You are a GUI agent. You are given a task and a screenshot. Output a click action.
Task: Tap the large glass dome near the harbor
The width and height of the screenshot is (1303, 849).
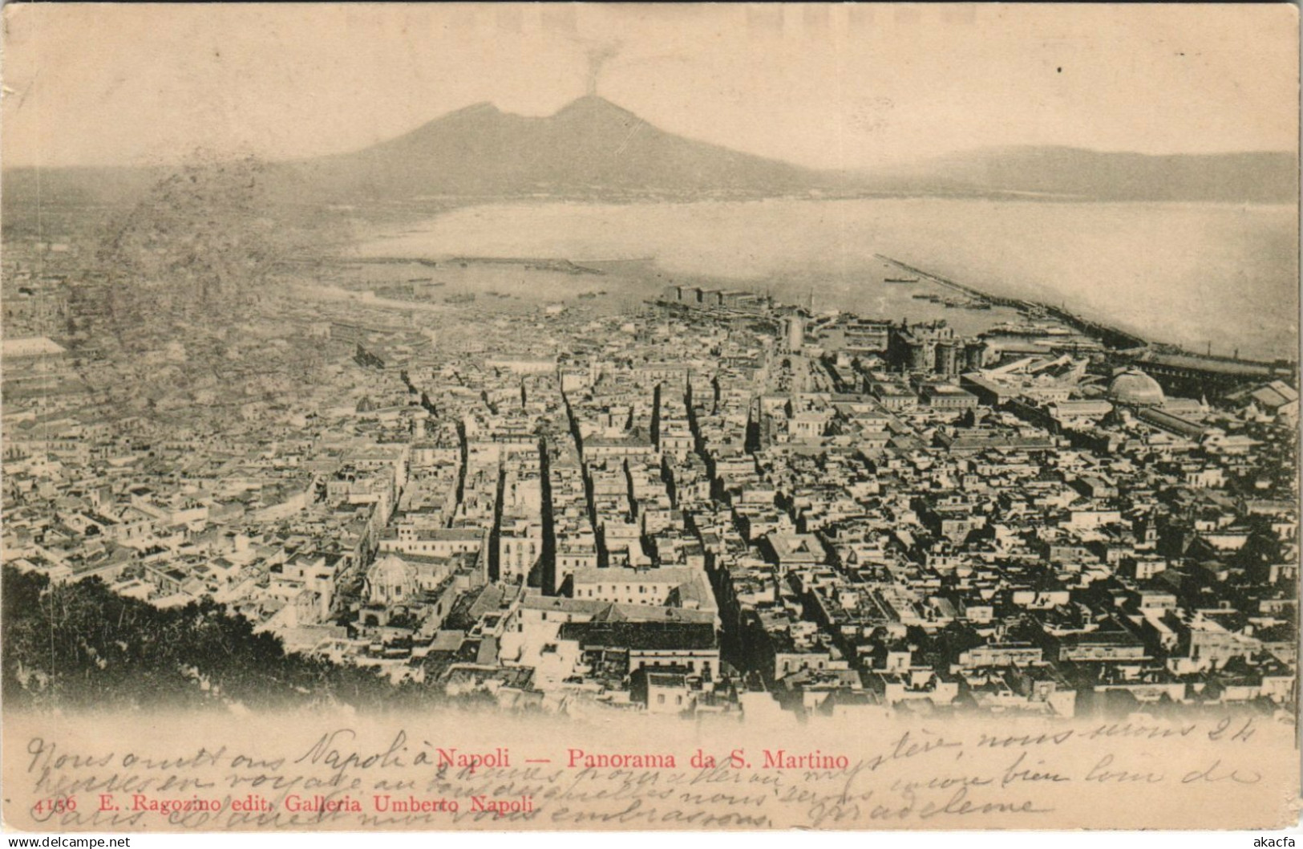[1135, 388]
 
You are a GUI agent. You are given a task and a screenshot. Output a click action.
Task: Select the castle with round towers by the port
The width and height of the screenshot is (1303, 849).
[938, 349]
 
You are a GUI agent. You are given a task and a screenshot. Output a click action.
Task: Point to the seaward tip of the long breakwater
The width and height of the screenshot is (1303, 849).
[877, 257]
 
